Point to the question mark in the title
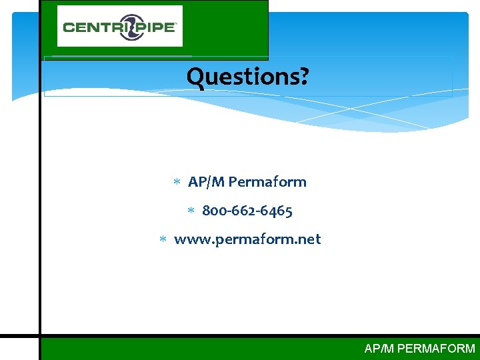(x=303, y=77)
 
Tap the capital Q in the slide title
(x=195, y=77)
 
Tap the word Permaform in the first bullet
(x=267, y=182)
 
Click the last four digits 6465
(x=277, y=211)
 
